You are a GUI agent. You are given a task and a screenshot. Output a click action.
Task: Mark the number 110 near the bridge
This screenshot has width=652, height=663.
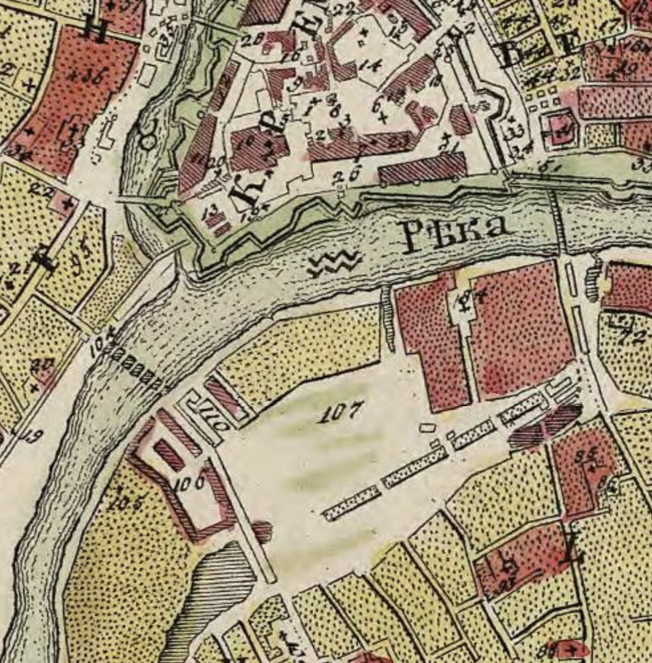(x=220, y=421)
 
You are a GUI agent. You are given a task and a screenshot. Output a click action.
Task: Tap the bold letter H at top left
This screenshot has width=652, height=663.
(x=97, y=31)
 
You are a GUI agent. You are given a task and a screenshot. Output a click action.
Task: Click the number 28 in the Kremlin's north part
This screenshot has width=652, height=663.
(x=251, y=40)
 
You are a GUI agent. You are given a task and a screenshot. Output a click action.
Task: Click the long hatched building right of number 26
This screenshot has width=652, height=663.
(x=422, y=169)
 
